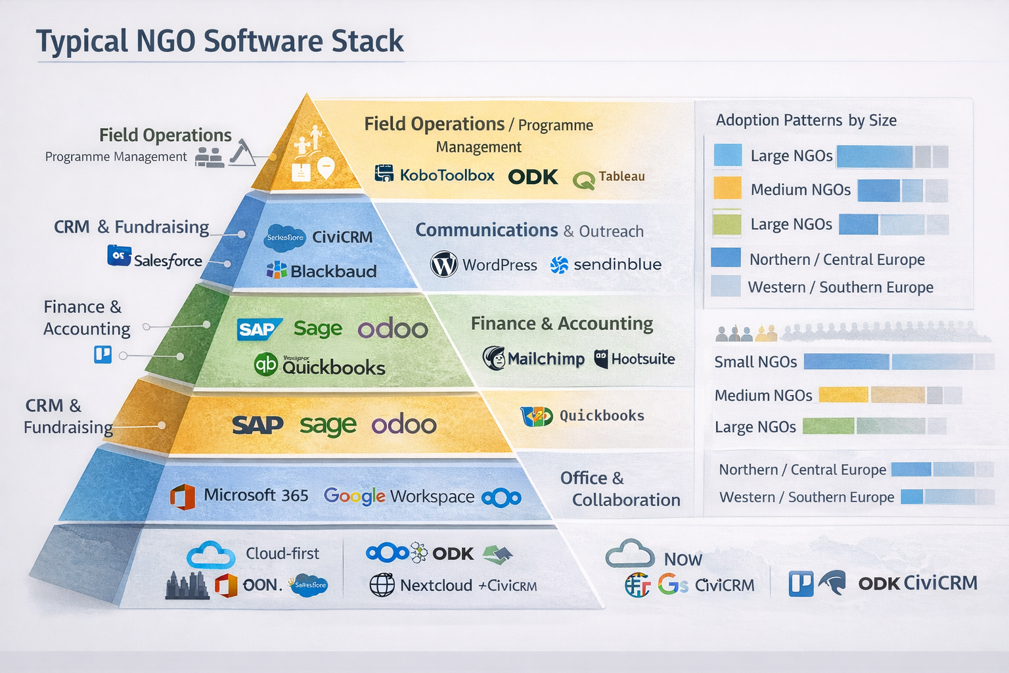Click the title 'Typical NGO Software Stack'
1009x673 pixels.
(219, 41)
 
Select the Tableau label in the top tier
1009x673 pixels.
(621, 176)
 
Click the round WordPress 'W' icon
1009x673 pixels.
(444, 264)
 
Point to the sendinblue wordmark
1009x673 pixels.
(617, 264)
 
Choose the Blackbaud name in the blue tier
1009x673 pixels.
(333, 271)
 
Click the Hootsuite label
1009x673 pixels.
(642, 359)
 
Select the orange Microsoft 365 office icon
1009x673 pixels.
(183, 496)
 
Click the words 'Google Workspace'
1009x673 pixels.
(399, 496)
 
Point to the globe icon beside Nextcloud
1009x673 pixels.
(382, 585)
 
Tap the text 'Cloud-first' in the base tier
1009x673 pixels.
(282, 553)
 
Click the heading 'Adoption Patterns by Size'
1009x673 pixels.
(806, 120)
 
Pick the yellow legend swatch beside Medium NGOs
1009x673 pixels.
(727, 189)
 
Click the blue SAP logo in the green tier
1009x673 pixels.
(258, 329)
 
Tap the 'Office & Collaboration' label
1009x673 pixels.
(619, 489)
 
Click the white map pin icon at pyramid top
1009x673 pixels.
(326, 167)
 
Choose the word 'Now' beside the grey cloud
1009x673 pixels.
(683, 559)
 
